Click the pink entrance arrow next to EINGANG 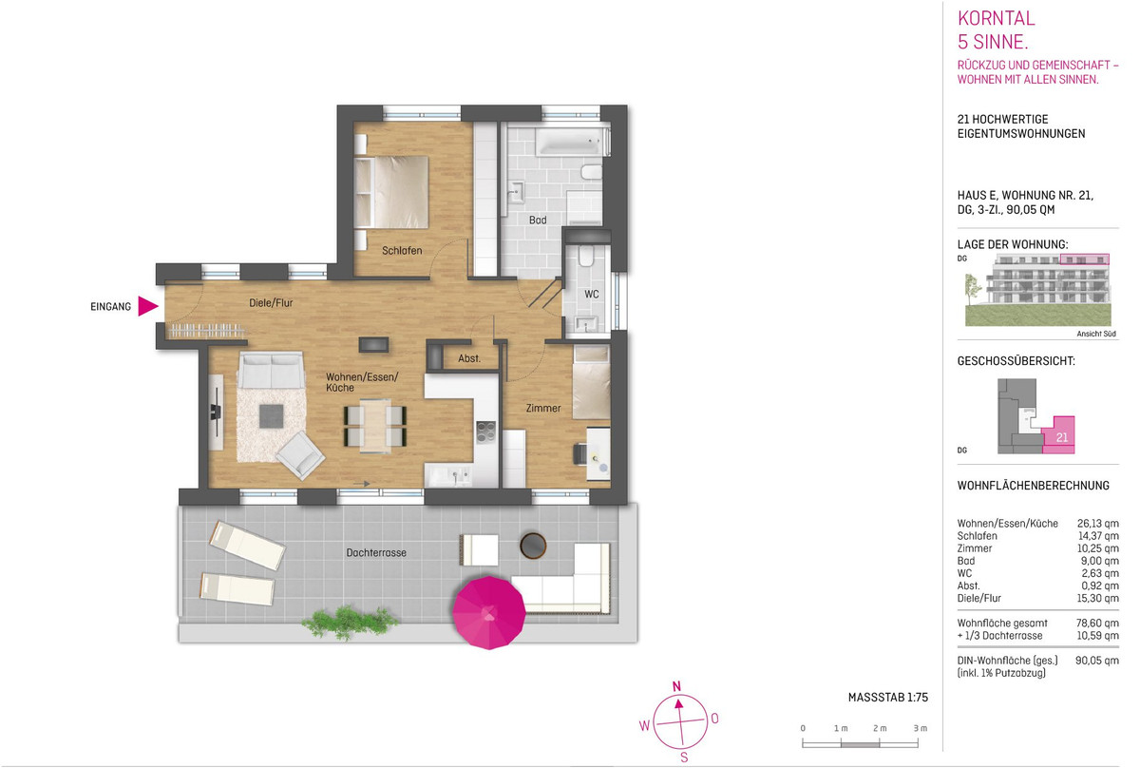pos(147,307)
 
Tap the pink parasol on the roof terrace pos(488,613)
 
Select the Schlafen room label pos(402,251)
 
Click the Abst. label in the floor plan pos(469,358)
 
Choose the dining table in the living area pos(375,426)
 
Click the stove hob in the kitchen pos(485,432)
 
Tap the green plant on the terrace pos(350,622)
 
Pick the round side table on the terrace pos(533,546)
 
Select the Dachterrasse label pos(376,552)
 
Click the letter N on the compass pos(676,686)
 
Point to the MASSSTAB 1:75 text pos(888,698)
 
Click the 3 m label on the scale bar pos(921,728)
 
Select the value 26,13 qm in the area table pos(1098,524)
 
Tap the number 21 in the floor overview pos(1062,437)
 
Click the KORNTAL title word pos(996,18)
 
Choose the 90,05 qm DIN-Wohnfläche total pos(1096,661)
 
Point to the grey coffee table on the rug pos(272,416)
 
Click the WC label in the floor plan pos(591,295)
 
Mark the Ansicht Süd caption pos(1095,334)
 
